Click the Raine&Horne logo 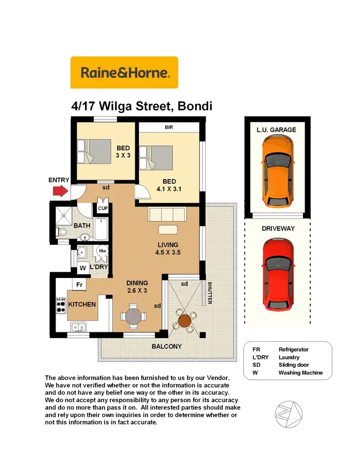click(124, 72)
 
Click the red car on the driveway click(278, 274)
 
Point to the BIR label click(168, 127)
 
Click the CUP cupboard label click(102, 208)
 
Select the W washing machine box click(82, 269)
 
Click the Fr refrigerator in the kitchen click(79, 284)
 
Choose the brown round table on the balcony click(185, 321)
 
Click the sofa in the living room click(167, 214)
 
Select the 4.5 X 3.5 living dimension click(168, 253)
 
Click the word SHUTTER click(210, 293)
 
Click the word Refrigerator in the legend click(293, 350)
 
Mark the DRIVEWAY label click(278, 228)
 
